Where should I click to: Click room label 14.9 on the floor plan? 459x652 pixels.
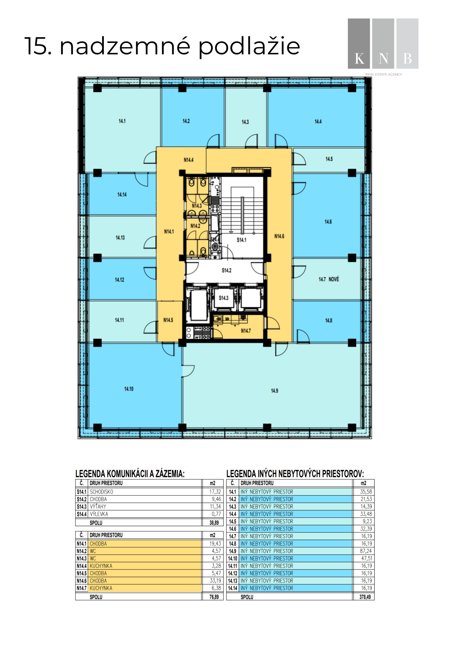tap(274, 391)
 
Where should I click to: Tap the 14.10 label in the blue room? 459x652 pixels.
tap(128, 389)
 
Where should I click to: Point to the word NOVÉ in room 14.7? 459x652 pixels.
tap(334, 279)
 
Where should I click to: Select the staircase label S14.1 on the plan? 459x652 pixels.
tap(241, 240)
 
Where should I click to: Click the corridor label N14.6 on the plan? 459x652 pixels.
tap(279, 236)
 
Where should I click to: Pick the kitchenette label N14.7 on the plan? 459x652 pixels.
tap(246, 331)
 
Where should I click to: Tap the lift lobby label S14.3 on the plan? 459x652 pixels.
tap(224, 298)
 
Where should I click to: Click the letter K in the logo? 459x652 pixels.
tap(359, 59)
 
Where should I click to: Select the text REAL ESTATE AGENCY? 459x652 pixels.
tap(384, 74)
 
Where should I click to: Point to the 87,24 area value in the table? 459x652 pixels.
tap(366, 551)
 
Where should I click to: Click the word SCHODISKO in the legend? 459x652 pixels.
tap(101, 492)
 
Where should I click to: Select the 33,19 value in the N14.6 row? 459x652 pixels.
tap(215, 581)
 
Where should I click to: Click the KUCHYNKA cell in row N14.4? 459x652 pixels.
tap(101, 566)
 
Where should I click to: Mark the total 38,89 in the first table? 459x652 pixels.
tap(214, 523)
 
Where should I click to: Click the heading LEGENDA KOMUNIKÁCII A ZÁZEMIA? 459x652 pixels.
tap(130, 474)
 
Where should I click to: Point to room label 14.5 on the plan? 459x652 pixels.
tap(329, 159)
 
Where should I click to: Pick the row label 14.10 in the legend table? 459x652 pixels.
tap(232, 558)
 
